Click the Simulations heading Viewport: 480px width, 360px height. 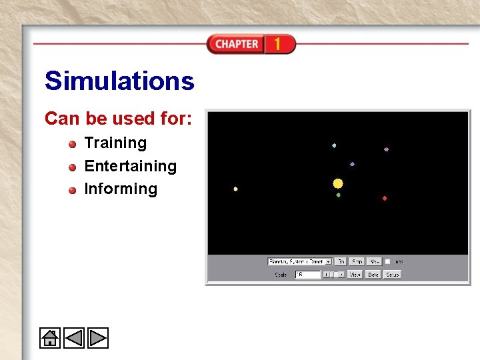click(119, 81)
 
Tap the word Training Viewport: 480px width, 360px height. click(115, 143)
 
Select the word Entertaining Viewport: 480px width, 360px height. click(130, 166)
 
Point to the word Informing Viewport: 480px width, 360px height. click(121, 189)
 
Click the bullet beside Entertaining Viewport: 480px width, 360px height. click(72, 167)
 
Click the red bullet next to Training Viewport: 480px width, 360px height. click(72, 143)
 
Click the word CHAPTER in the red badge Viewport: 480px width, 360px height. click(237, 44)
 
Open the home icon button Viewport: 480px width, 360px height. click(50, 338)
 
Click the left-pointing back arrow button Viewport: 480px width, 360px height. click(73, 338)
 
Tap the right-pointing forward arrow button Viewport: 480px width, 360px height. click(97, 338)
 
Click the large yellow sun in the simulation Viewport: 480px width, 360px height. click(338, 183)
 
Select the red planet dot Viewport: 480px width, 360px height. click(385, 198)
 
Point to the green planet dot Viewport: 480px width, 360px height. click(339, 195)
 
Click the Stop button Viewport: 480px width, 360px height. click(357, 261)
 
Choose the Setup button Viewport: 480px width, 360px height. click(392, 274)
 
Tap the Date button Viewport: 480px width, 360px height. click(373, 274)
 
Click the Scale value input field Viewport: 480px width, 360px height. click(308, 274)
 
